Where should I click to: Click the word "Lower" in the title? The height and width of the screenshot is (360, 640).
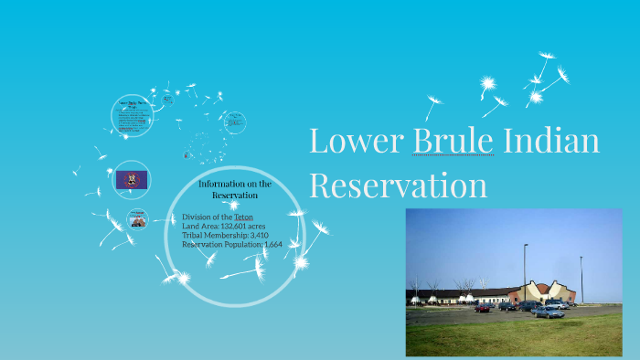[356, 142]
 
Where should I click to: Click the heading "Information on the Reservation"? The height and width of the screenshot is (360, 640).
[235, 189]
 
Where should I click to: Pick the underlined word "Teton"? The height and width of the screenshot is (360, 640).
[243, 217]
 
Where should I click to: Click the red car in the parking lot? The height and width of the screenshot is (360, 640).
[483, 308]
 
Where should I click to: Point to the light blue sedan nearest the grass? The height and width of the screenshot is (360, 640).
[548, 312]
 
